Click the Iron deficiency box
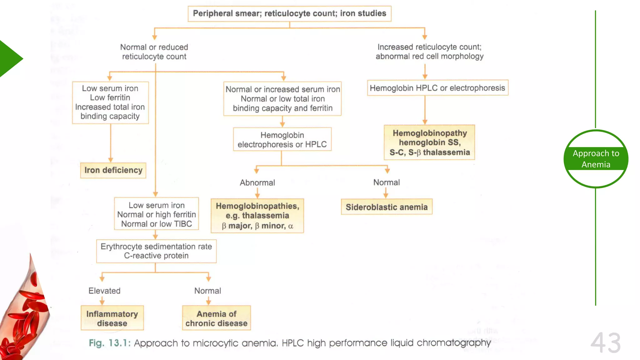click(113, 170)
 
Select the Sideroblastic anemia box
click(387, 207)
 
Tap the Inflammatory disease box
click(112, 318)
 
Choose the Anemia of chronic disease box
click(216, 318)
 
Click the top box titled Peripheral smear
click(289, 13)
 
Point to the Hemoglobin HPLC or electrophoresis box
click(437, 88)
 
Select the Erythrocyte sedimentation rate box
click(156, 251)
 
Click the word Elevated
click(104, 291)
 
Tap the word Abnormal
click(257, 182)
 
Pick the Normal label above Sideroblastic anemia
click(387, 182)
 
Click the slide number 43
click(605, 343)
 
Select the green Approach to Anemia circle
click(596, 159)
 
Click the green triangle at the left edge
click(9, 58)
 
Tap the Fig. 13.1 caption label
click(109, 343)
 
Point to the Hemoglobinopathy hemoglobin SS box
click(429, 142)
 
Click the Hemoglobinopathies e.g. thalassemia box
click(257, 216)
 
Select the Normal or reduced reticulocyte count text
click(154, 52)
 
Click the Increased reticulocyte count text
click(429, 52)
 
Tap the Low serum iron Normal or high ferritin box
click(156, 214)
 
